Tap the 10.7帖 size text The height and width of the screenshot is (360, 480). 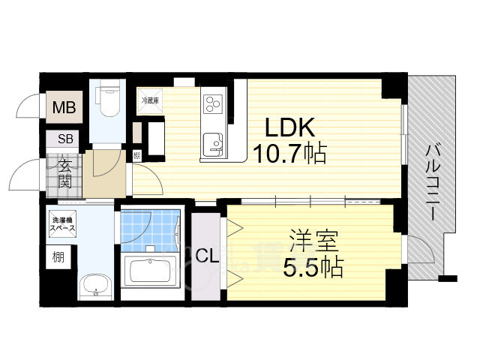[288, 155]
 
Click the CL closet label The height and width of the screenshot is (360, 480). [207, 256]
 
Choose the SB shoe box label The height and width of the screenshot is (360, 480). [64, 139]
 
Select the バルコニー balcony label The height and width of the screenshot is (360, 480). [433, 180]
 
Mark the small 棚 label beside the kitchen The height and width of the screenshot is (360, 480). [136, 156]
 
